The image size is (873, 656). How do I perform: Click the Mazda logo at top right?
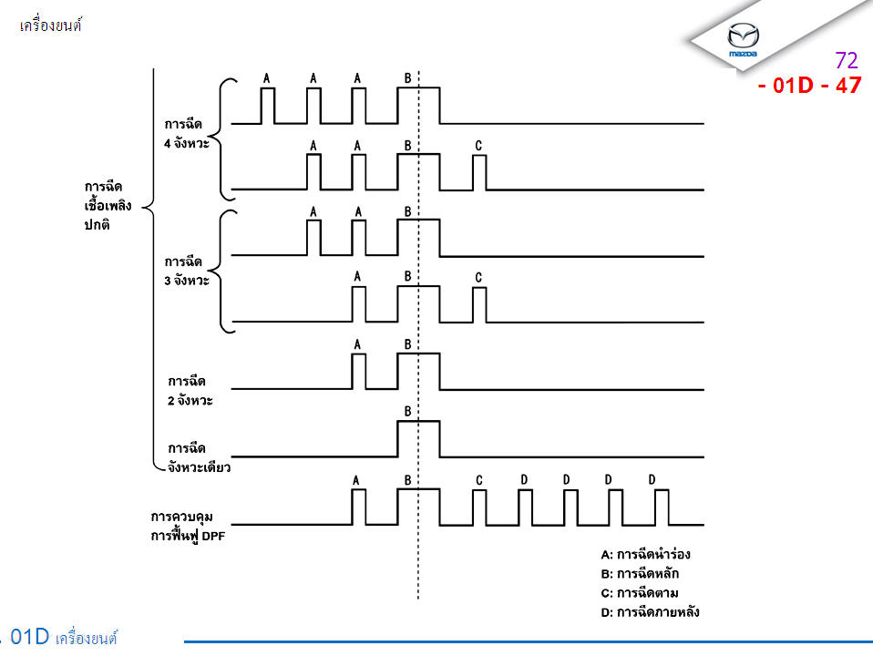744,39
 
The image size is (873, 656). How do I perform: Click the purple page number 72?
846,61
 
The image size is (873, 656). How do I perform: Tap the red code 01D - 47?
808,87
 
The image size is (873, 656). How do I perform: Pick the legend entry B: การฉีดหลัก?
640,574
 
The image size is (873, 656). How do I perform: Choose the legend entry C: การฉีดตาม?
640,593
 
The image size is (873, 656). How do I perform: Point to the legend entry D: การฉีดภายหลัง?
650,612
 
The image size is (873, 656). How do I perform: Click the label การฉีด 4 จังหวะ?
187,134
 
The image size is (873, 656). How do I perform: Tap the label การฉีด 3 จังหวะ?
187,271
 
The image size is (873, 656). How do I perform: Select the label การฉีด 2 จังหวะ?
190,390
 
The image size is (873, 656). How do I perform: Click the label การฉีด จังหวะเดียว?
199,457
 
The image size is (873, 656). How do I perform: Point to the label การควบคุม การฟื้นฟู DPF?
188,526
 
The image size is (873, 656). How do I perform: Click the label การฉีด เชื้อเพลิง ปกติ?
108,205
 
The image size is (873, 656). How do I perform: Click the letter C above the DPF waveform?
478,479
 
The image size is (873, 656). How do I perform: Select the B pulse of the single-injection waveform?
417,437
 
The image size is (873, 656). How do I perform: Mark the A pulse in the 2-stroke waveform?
358,371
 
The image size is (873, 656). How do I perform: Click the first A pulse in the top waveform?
267,105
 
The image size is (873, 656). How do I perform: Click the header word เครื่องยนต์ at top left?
51,26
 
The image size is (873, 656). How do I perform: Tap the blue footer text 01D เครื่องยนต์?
64,637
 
